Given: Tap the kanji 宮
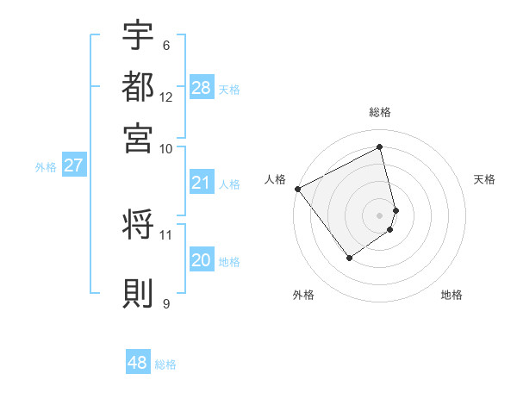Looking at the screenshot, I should coord(138,137).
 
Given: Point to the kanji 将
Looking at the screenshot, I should coord(138,226).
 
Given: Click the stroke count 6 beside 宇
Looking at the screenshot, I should coord(165,45).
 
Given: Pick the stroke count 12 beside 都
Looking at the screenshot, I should coord(166,97).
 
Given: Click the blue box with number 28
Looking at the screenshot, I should coord(201,88).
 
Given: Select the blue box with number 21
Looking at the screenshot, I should coord(201,183).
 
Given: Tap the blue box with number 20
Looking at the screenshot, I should coord(201,261).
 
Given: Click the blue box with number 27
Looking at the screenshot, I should coord(73,165).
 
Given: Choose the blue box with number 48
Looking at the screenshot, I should coord(138,363).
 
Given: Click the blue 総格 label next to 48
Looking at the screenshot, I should coord(165,364).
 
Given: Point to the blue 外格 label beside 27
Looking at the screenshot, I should coord(46,167).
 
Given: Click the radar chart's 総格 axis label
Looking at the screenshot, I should coord(380,112).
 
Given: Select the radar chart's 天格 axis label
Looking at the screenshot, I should coord(485,179).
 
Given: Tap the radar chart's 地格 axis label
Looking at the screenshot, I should coord(452,295).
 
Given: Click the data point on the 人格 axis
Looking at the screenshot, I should coord(297,189).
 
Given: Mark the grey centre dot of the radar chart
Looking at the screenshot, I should coord(380,215).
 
